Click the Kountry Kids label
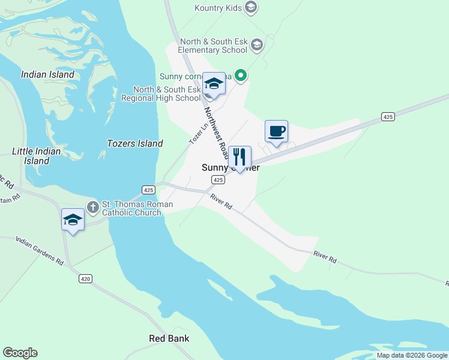click(x=218, y=7)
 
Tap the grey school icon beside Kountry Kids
click(x=252, y=7)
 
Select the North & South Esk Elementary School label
click(x=214, y=46)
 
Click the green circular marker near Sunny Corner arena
click(x=241, y=75)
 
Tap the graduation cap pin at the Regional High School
click(x=214, y=83)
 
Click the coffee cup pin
click(x=276, y=131)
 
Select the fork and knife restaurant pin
click(x=240, y=157)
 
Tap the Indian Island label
click(x=47, y=75)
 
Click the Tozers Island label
click(x=134, y=143)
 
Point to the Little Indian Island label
click(x=37, y=156)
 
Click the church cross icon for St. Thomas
click(x=92, y=208)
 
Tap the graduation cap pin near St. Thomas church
click(x=73, y=220)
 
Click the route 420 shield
click(x=85, y=278)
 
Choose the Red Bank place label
click(x=169, y=338)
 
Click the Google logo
click(x=20, y=353)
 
